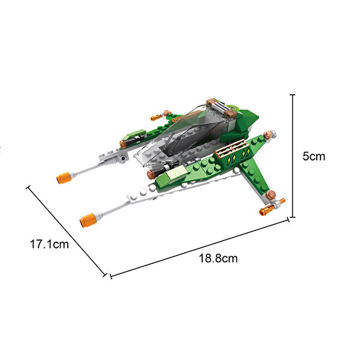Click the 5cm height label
click(314, 157)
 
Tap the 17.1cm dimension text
click(49, 244)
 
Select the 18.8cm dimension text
click(218, 258)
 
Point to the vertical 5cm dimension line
click(293, 155)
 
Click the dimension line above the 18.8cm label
click(199, 248)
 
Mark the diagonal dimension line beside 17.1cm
click(67, 231)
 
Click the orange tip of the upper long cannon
click(63, 178)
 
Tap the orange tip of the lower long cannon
click(88, 220)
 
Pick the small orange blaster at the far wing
click(157, 118)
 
